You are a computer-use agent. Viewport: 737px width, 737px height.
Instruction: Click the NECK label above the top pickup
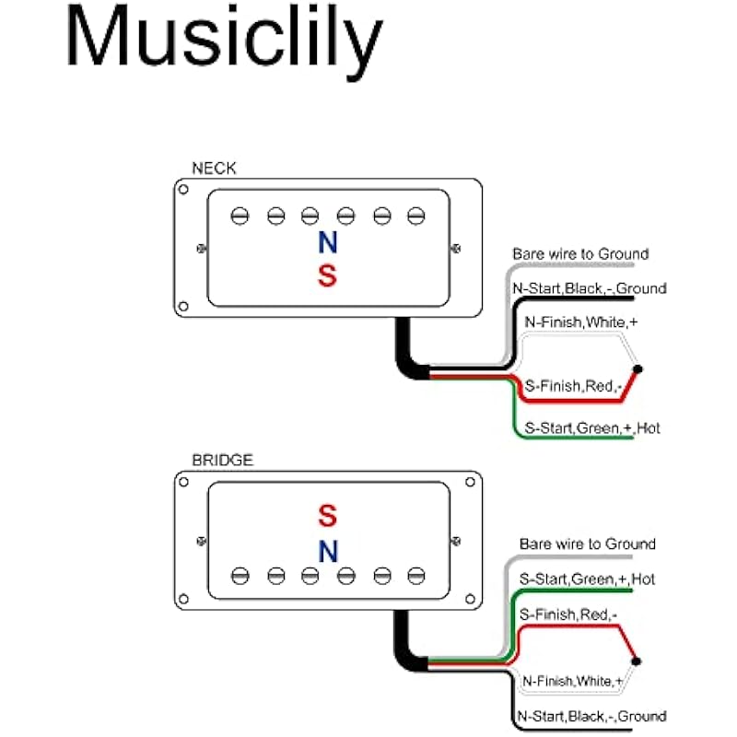coord(214,169)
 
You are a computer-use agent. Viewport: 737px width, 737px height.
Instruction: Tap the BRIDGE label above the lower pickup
coord(221,460)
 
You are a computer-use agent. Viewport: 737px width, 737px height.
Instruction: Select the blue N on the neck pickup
coord(327,243)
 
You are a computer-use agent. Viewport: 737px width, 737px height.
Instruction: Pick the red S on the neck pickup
coord(327,275)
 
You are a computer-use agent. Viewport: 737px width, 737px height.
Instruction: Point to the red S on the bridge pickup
coord(327,514)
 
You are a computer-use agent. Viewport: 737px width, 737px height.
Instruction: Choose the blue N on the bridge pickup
coord(327,551)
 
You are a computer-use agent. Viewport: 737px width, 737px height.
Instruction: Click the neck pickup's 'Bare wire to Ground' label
coord(580,253)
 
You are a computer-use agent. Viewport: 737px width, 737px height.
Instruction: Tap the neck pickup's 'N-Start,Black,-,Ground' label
coord(589,288)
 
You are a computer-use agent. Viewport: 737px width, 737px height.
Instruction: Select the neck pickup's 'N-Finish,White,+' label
coord(581,323)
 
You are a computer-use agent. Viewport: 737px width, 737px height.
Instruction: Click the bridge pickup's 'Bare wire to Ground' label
coord(587,544)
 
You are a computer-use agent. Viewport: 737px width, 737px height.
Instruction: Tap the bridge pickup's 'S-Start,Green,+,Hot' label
coord(587,579)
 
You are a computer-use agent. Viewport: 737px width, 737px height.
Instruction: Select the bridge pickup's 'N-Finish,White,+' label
coord(572,682)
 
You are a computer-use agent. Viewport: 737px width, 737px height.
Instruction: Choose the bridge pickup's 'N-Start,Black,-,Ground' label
coord(590,716)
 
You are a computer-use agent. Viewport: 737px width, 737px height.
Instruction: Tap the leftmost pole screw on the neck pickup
coord(240,216)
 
